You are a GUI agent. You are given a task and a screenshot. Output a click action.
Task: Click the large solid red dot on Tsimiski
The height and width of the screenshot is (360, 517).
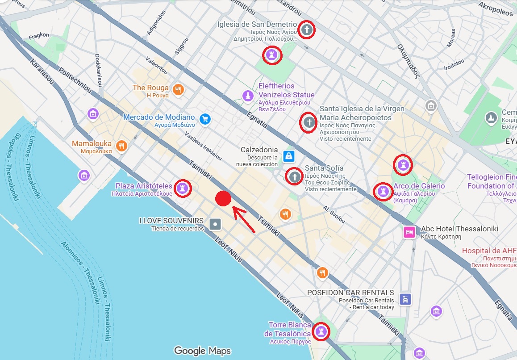click(223, 199)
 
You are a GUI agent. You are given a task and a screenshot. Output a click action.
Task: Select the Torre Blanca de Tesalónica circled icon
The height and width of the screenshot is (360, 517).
click(320, 332)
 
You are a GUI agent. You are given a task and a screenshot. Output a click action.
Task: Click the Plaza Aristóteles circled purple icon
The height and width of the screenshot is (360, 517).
click(182, 188)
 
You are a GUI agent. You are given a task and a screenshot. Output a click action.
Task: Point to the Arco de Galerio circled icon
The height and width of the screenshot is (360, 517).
click(382, 192)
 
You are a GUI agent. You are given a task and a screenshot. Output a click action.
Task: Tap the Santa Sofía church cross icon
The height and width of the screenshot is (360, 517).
click(294, 176)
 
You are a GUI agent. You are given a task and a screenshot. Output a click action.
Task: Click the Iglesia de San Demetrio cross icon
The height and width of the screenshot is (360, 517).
click(306, 30)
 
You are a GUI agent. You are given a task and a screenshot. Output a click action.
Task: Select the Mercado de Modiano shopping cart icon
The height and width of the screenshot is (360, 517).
click(205, 119)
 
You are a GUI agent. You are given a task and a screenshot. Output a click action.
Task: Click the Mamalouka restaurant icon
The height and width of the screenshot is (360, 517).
click(121, 146)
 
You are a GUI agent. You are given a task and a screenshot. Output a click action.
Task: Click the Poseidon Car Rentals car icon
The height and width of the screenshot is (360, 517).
click(405, 299)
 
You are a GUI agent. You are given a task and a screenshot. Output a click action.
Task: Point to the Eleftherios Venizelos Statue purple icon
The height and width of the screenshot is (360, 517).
click(248, 96)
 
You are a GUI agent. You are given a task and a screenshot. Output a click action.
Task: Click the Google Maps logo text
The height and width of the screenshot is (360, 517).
click(202, 351)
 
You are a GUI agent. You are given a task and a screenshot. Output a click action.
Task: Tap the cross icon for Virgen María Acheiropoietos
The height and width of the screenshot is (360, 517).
click(308, 122)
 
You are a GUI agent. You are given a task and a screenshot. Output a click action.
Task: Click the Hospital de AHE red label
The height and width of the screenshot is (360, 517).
click(489, 251)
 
